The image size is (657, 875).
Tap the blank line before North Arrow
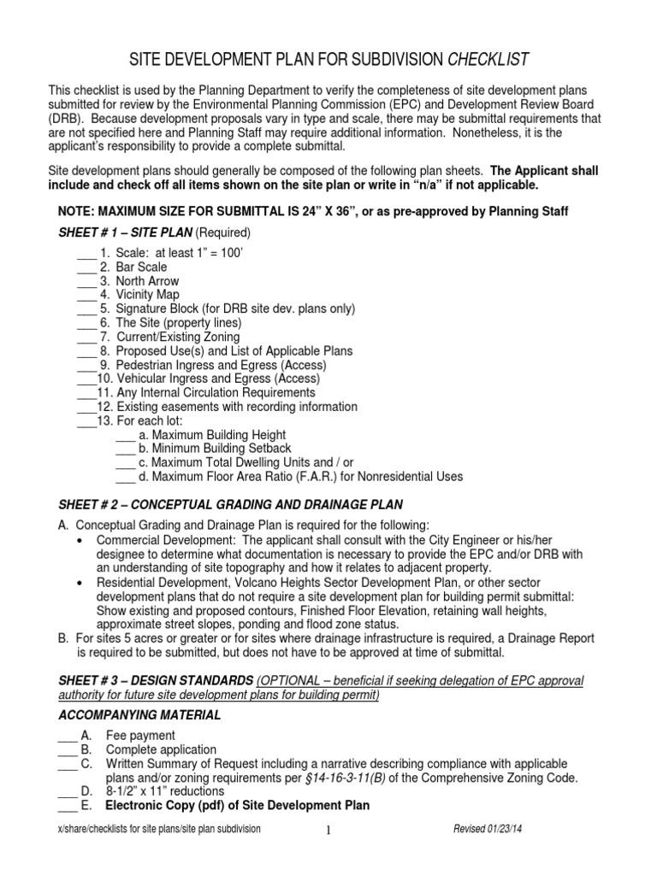click(86, 282)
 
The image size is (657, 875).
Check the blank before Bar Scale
click(86, 268)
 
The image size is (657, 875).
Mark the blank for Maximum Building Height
click(124, 435)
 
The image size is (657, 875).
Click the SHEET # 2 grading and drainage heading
click(230, 504)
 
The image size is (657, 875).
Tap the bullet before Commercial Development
click(80, 541)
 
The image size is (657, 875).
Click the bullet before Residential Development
click(80, 582)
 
